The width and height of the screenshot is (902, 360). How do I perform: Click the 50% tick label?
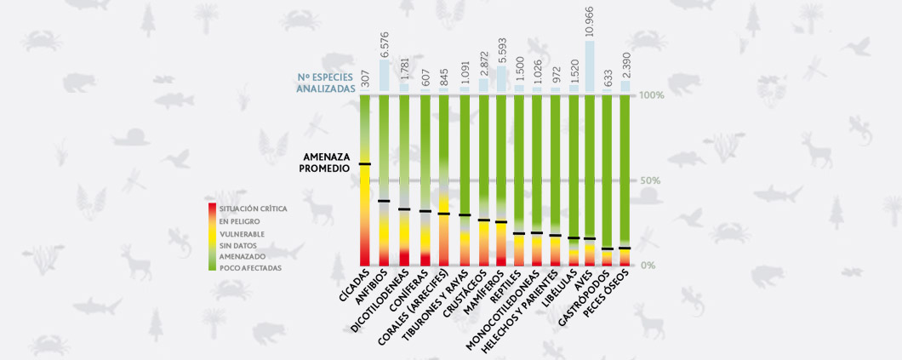point(649,180)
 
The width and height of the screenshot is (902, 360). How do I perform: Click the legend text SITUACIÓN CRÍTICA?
point(253,209)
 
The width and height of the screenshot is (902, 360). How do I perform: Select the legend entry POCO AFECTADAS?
point(248,268)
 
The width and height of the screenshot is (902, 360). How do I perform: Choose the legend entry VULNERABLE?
point(241,233)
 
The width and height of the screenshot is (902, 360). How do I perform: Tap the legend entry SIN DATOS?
point(238,245)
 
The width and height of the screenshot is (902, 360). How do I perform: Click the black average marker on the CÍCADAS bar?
point(365,163)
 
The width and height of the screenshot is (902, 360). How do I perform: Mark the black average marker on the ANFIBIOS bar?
point(385,201)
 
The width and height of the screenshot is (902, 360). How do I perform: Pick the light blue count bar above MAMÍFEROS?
point(501,80)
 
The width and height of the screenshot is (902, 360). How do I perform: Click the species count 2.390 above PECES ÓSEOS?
point(625,65)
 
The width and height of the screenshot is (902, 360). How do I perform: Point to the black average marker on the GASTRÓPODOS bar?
point(607,249)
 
